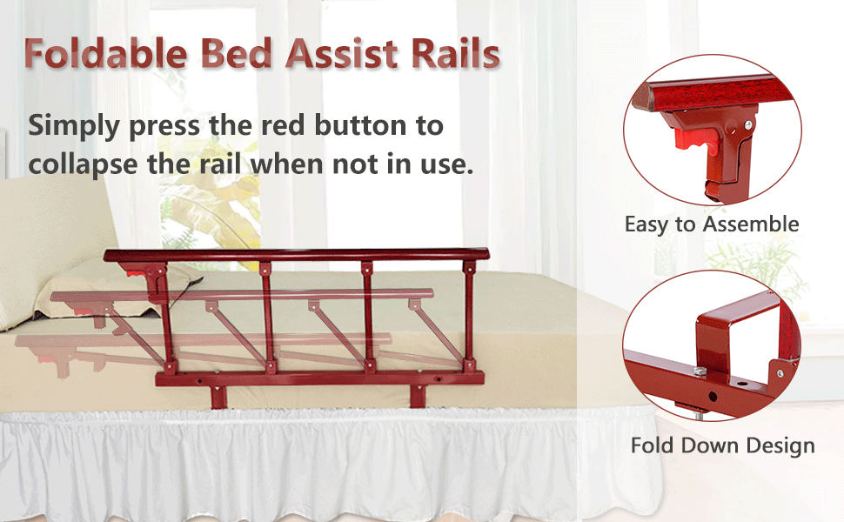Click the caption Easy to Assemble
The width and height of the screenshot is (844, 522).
tap(711, 224)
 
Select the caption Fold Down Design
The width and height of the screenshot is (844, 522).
tap(722, 446)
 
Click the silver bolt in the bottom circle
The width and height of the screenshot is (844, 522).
tap(700, 371)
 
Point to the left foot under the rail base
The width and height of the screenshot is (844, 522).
tap(217, 397)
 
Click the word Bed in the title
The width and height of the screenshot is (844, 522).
tap(228, 55)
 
